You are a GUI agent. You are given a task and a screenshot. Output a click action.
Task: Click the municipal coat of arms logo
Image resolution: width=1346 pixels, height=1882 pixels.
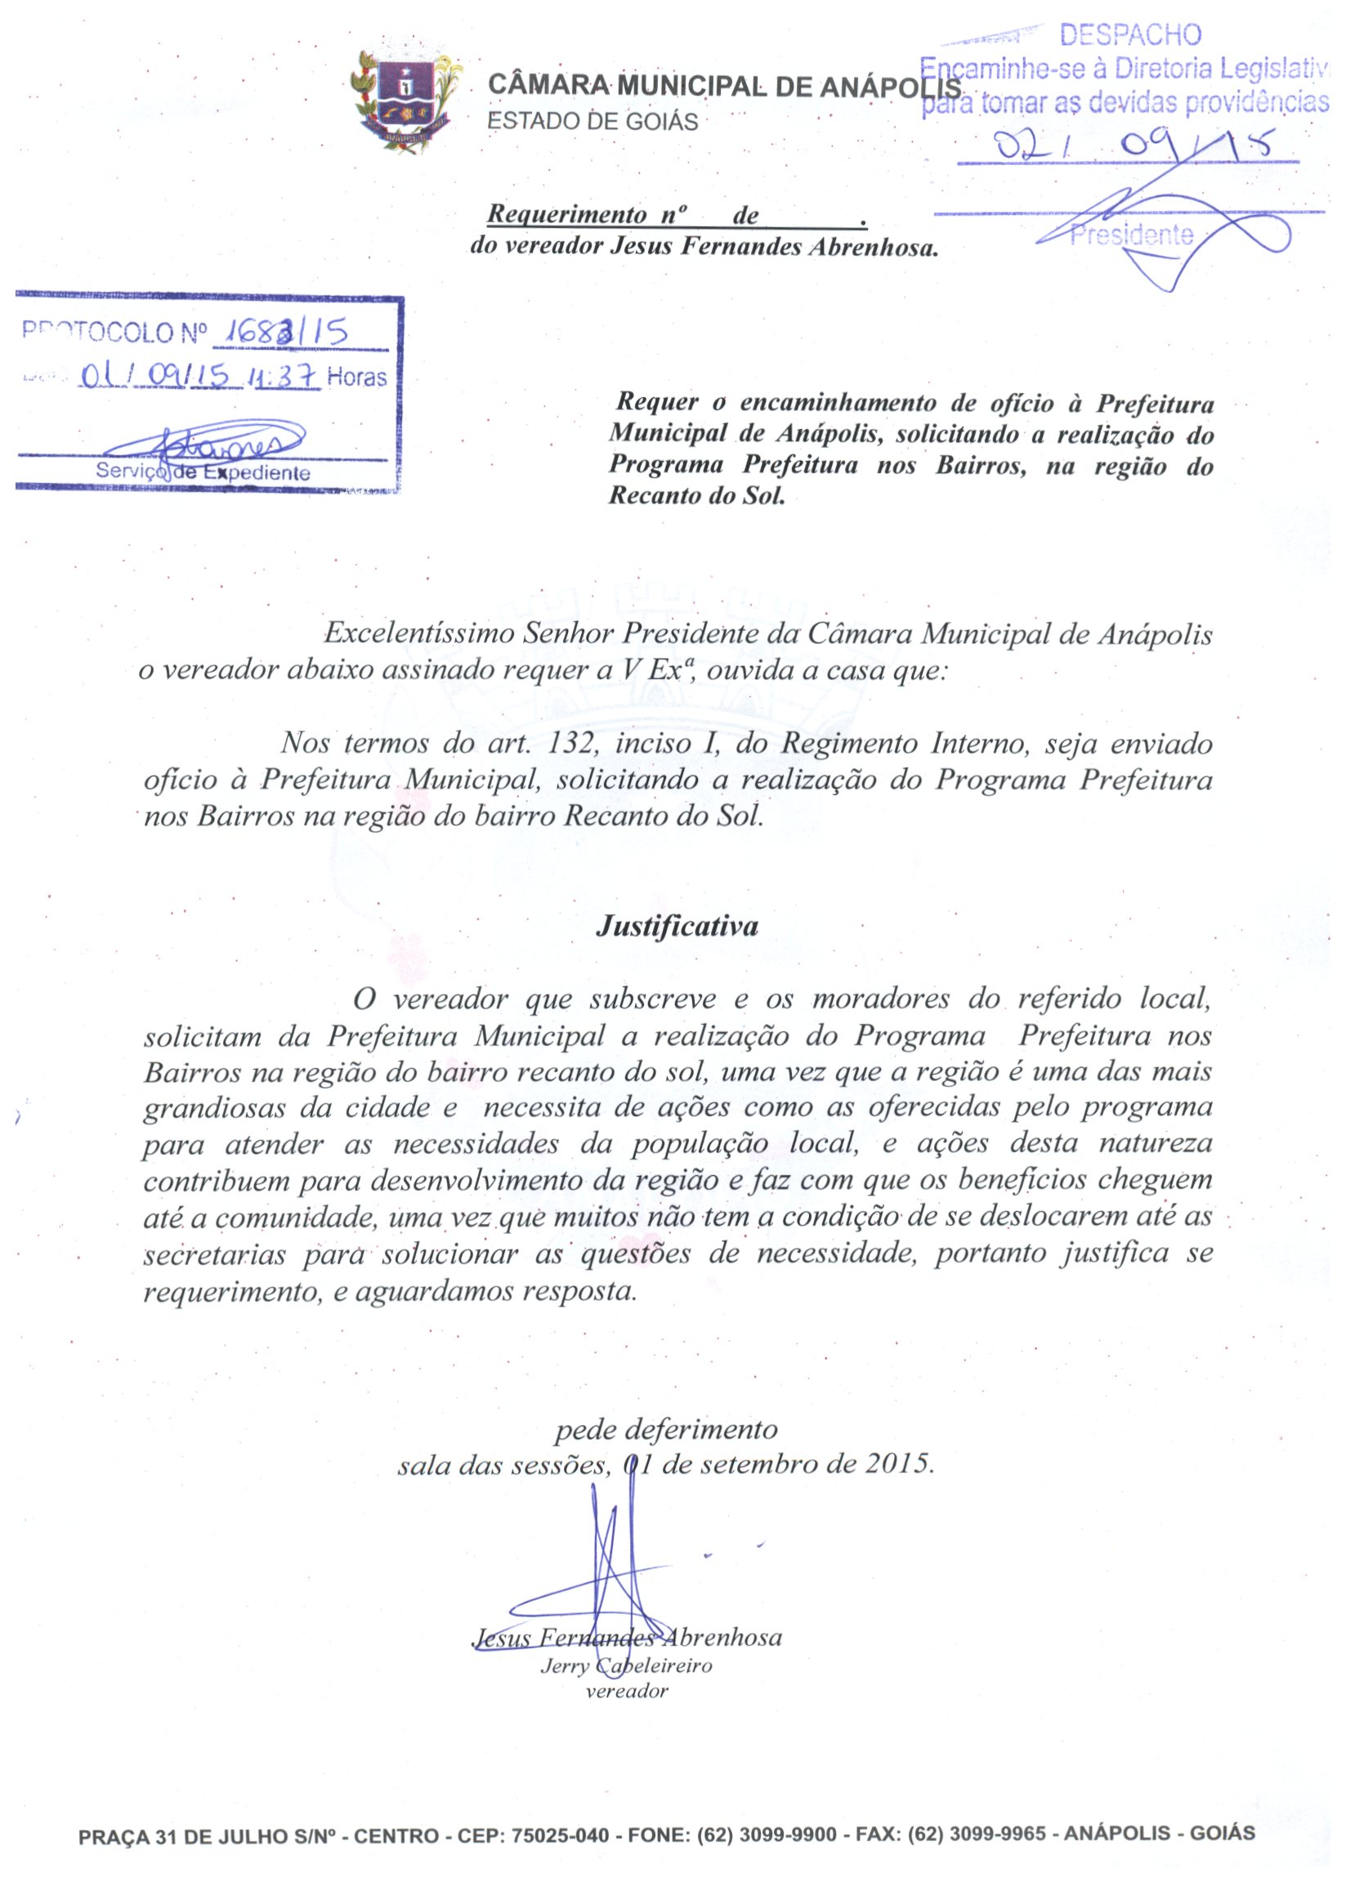click(405, 102)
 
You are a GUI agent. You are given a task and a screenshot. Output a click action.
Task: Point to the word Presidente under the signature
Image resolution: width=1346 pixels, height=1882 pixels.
click(1131, 236)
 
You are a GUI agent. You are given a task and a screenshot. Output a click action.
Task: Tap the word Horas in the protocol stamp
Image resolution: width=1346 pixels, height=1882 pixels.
click(356, 378)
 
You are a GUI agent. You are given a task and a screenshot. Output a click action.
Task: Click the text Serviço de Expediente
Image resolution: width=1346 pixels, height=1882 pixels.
click(203, 473)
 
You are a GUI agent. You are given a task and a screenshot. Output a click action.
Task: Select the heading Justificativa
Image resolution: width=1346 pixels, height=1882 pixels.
click(677, 926)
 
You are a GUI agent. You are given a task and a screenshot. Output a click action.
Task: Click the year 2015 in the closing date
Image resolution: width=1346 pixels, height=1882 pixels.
click(895, 1464)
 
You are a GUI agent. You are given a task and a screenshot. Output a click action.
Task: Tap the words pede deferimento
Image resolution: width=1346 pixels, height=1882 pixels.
click(665, 1428)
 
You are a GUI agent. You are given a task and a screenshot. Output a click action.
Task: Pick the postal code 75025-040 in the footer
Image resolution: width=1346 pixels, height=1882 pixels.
click(561, 1835)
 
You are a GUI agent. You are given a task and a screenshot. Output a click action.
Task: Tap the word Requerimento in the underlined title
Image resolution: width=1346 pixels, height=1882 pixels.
click(567, 215)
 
